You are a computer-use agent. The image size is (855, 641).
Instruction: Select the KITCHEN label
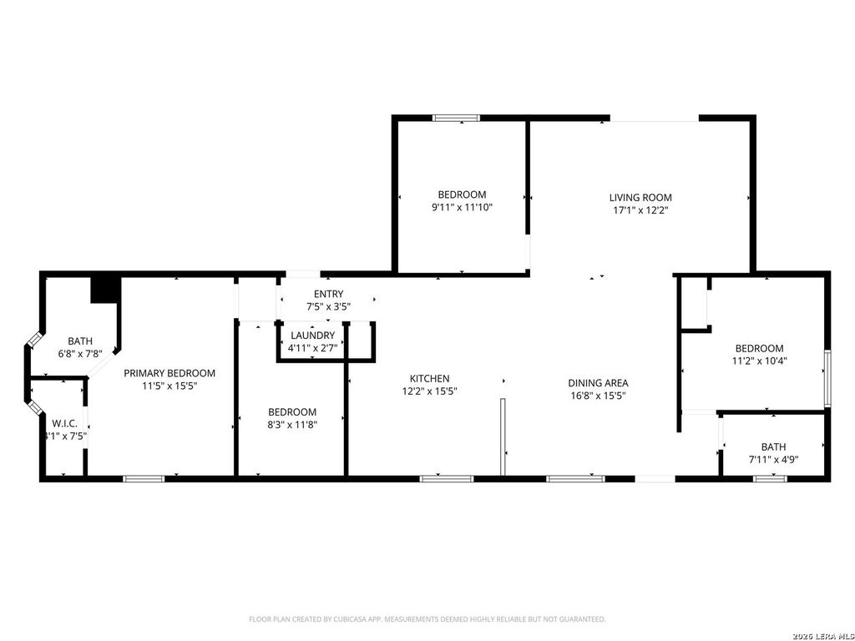429,378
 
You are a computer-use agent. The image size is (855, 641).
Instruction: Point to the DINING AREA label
598,383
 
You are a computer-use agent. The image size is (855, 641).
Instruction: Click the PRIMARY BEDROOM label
169,373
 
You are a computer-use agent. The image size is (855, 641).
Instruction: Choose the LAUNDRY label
313,336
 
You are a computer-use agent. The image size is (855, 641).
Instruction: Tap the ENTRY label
328,294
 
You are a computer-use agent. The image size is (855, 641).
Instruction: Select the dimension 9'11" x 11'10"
462,207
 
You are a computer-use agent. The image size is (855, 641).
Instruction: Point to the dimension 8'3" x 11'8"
292,424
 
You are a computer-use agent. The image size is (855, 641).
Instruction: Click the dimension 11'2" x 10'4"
759,361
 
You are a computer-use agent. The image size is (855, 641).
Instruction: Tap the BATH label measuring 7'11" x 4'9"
772,447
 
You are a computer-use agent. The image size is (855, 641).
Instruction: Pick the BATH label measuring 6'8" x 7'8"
80,341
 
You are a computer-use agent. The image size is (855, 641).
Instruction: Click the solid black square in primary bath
104,289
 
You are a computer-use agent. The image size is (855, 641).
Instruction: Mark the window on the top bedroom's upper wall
456,119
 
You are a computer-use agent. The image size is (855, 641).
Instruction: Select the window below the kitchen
446,478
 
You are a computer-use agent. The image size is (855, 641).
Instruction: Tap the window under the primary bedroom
144,478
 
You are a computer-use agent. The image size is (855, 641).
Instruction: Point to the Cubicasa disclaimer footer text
427,619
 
